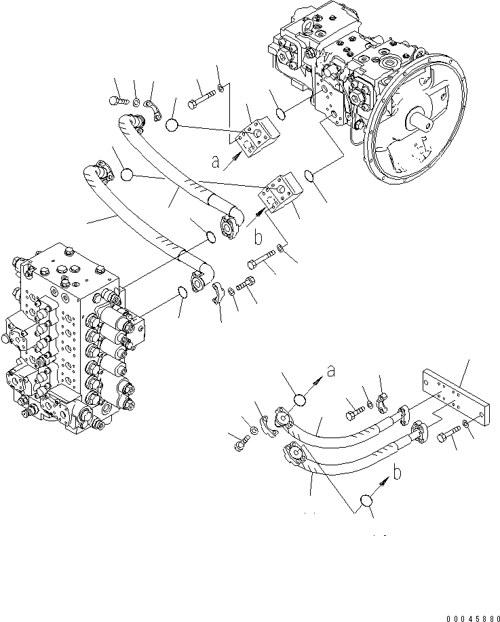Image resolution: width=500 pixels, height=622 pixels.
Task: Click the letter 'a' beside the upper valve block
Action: click(216, 161)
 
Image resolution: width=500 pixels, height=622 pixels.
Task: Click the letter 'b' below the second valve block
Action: click(258, 237)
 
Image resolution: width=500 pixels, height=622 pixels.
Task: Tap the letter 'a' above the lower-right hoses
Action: click(331, 371)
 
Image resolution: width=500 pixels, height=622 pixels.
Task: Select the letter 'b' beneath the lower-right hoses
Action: click(398, 472)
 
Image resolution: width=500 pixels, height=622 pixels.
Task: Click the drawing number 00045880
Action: click(472, 619)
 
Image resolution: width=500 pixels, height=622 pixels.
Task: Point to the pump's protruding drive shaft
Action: click(421, 120)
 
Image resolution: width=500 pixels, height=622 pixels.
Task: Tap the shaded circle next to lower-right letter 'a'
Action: click(300, 400)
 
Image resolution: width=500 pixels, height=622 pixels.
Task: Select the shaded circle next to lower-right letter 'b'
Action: click(366, 501)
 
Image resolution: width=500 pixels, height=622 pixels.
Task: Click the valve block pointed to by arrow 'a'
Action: click(258, 136)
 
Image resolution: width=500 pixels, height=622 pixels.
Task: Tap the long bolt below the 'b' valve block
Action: click(261, 259)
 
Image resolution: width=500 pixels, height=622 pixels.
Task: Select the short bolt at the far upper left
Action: click(118, 100)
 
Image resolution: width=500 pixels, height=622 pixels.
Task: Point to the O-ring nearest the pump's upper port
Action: click(281, 114)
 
